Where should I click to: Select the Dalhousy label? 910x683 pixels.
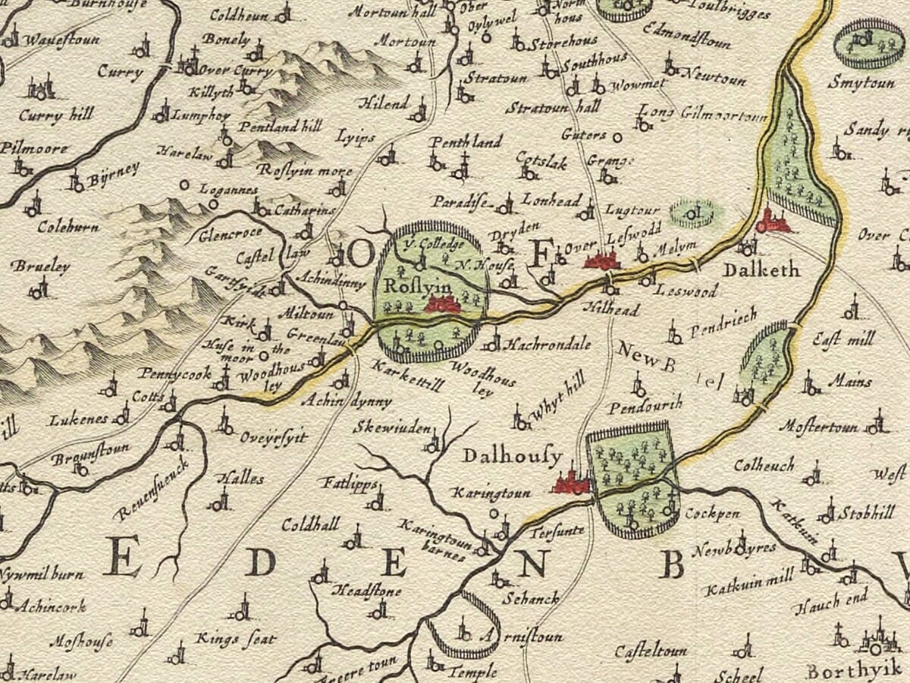tap(513, 457)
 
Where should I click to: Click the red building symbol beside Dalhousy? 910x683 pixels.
tap(571, 483)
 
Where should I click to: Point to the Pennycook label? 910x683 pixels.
tap(173, 373)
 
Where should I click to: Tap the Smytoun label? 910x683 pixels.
tap(861, 82)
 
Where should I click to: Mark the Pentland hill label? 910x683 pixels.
tap(280, 126)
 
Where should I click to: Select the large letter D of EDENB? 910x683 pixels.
tap(259, 562)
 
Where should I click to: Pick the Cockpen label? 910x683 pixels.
tap(712, 513)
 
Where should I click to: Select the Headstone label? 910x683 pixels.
tap(368, 591)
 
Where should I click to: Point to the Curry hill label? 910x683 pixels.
tap(56, 115)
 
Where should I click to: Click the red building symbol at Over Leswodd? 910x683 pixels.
tap(602, 261)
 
